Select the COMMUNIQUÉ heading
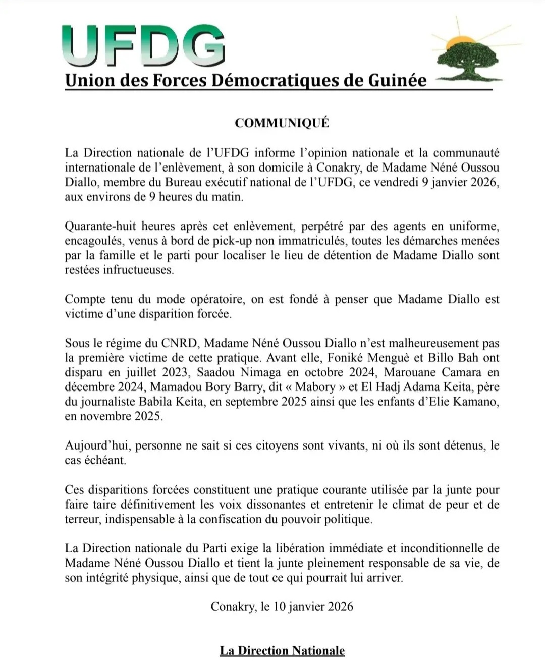tap(282, 123)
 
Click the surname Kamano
tap(475, 402)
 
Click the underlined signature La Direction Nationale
tap(282, 651)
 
